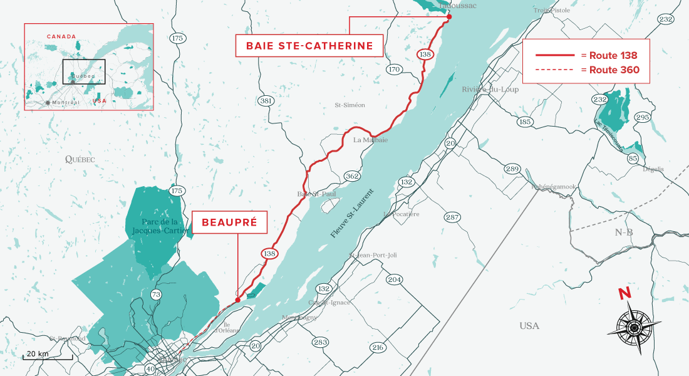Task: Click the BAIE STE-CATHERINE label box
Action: tap(309, 46)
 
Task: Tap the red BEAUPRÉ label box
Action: tap(229, 222)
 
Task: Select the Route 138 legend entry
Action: tap(586, 55)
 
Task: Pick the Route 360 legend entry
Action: tap(586, 70)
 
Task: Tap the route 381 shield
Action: tap(266, 100)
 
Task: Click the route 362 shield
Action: tap(352, 176)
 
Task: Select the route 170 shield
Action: tap(393, 69)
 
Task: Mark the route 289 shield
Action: tap(512, 169)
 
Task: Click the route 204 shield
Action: tap(394, 279)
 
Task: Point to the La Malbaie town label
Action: tap(371, 140)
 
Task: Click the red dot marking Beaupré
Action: tap(237, 300)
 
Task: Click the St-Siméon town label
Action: tap(350, 105)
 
